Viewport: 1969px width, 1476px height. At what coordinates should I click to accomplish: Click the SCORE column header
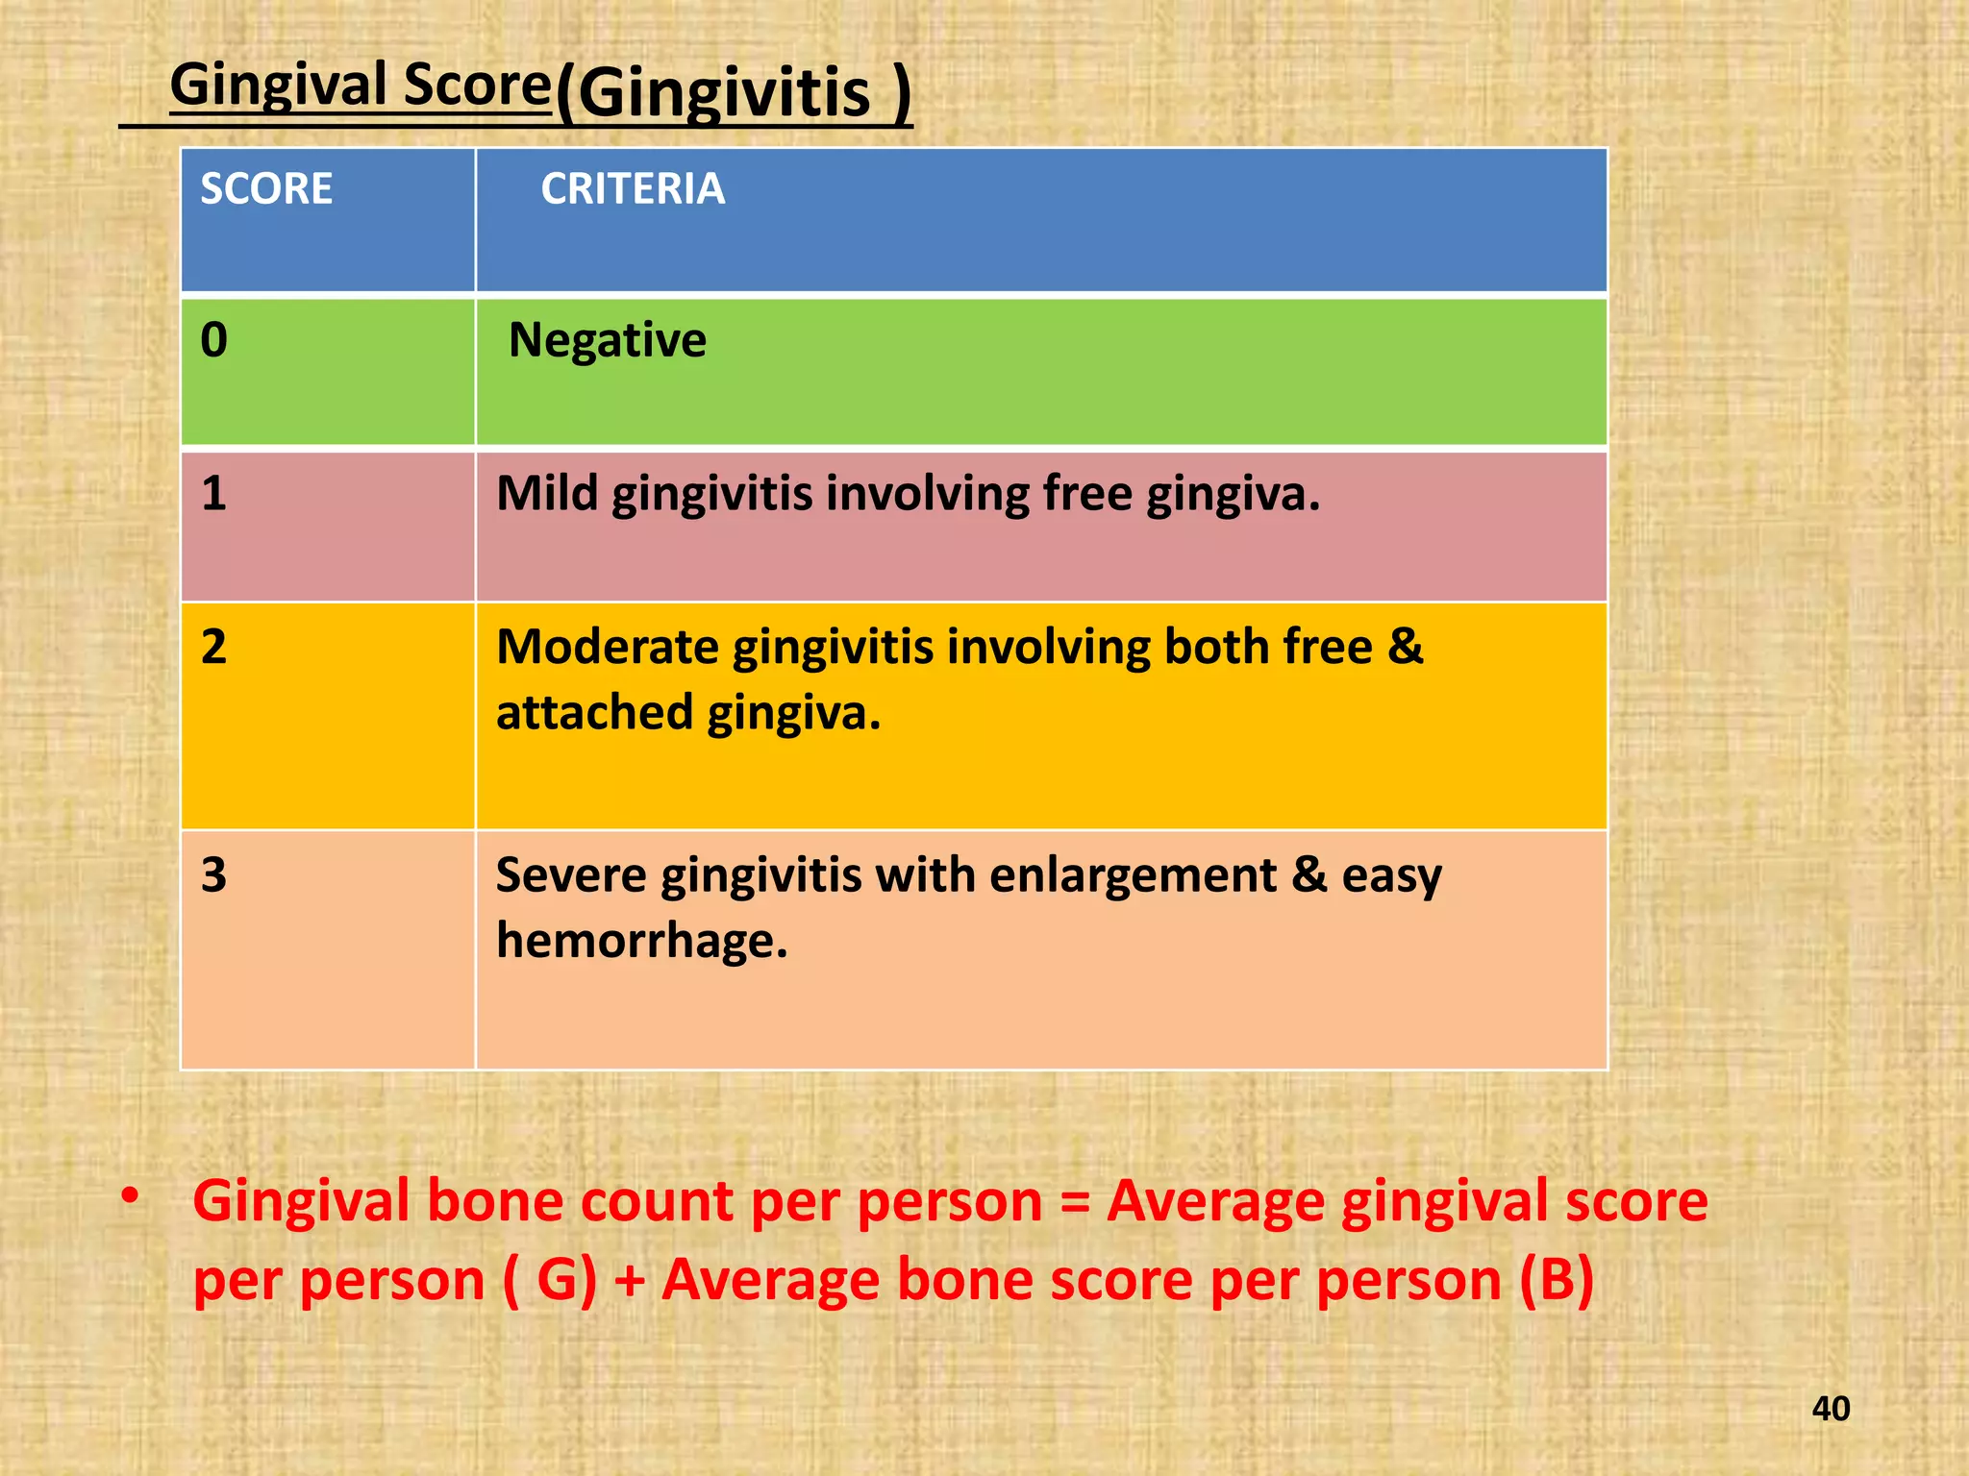[x=266, y=188]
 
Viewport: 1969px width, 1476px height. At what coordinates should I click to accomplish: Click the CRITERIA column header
[x=632, y=188]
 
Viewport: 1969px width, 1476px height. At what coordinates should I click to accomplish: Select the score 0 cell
[x=214, y=340]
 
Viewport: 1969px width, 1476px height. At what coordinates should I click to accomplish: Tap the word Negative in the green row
[x=607, y=340]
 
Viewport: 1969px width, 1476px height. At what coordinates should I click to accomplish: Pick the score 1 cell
[x=213, y=493]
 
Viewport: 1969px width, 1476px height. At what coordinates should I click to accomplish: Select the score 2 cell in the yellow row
[x=213, y=647]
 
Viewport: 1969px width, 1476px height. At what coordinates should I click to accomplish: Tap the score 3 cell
[x=213, y=875]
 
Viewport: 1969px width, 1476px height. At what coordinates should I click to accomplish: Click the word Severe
[x=570, y=875]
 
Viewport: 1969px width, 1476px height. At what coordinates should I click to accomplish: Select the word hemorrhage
[x=641, y=941]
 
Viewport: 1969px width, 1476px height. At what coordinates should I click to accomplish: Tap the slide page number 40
[x=1831, y=1409]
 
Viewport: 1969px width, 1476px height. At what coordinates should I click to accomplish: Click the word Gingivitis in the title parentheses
[x=724, y=94]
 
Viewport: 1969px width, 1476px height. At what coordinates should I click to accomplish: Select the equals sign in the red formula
[x=1074, y=1202]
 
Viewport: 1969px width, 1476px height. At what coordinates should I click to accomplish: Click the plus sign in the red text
[x=630, y=1282]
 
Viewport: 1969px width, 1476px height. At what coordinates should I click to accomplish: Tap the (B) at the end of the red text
[x=1557, y=1280]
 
